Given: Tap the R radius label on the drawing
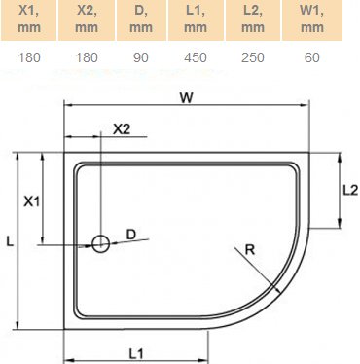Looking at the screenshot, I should pyautogui.click(x=250, y=250).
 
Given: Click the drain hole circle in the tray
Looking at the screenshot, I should pyautogui.click(x=100, y=244).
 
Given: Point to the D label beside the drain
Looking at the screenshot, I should pyautogui.click(x=130, y=234).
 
